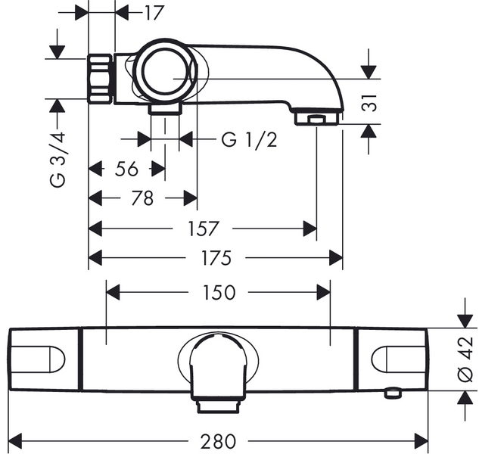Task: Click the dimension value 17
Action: click(154, 13)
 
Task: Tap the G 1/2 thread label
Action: click(249, 140)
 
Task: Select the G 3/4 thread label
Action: click(58, 160)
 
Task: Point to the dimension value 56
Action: click(126, 169)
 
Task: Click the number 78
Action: click(142, 198)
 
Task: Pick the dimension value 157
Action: click(204, 229)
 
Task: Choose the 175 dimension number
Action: click(216, 258)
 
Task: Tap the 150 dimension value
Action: click(219, 292)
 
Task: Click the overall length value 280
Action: click(218, 441)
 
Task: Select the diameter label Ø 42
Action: click(466, 359)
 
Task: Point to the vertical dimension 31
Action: click(369, 103)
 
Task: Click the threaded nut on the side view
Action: click(100, 79)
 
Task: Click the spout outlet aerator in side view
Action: click(317, 119)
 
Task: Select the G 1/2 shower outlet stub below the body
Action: click(165, 109)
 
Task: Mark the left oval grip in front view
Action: click(38, 359)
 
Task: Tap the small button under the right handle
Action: click(393, 393)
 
